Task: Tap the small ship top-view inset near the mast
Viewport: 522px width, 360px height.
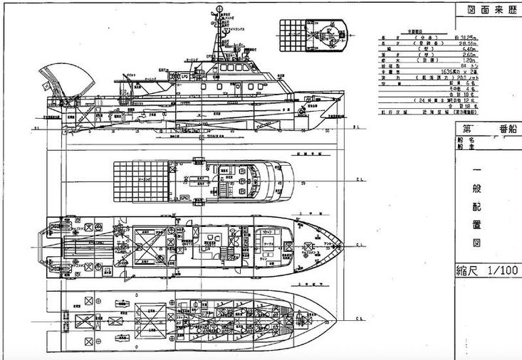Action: tap(313, 33)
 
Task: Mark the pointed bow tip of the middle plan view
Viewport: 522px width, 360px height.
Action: tap(345, 246)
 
